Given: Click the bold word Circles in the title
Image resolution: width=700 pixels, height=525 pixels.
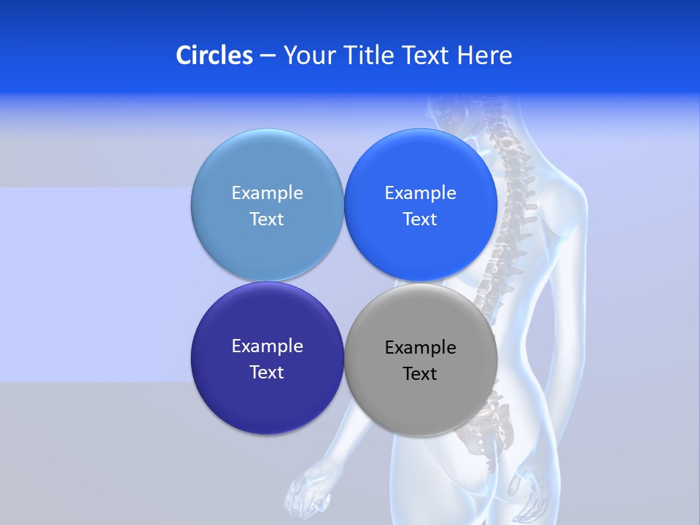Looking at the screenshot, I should pos(214,55).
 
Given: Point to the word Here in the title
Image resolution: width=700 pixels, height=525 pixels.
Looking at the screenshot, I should pos(484,55).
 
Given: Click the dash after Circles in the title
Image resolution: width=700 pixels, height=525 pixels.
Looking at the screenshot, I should pos(268,56).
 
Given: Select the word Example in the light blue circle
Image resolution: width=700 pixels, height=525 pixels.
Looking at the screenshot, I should pos(267,192).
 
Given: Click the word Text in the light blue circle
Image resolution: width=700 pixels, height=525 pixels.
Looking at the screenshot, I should pos(267,219).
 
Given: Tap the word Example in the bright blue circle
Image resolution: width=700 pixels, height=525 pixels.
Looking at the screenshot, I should pos(420,192).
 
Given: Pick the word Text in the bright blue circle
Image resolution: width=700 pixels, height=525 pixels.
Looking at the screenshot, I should pos(420,219).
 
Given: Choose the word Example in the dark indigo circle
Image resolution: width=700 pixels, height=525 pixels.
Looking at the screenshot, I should pos(267,346).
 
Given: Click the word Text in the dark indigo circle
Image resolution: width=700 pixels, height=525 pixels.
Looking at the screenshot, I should pos(267,372).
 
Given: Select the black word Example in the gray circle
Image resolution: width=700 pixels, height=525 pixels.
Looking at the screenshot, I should pos(420,347).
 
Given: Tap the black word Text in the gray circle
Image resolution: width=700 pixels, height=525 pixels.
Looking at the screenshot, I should pos(420,373).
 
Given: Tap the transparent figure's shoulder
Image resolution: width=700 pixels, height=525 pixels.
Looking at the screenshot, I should pos(561,175).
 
